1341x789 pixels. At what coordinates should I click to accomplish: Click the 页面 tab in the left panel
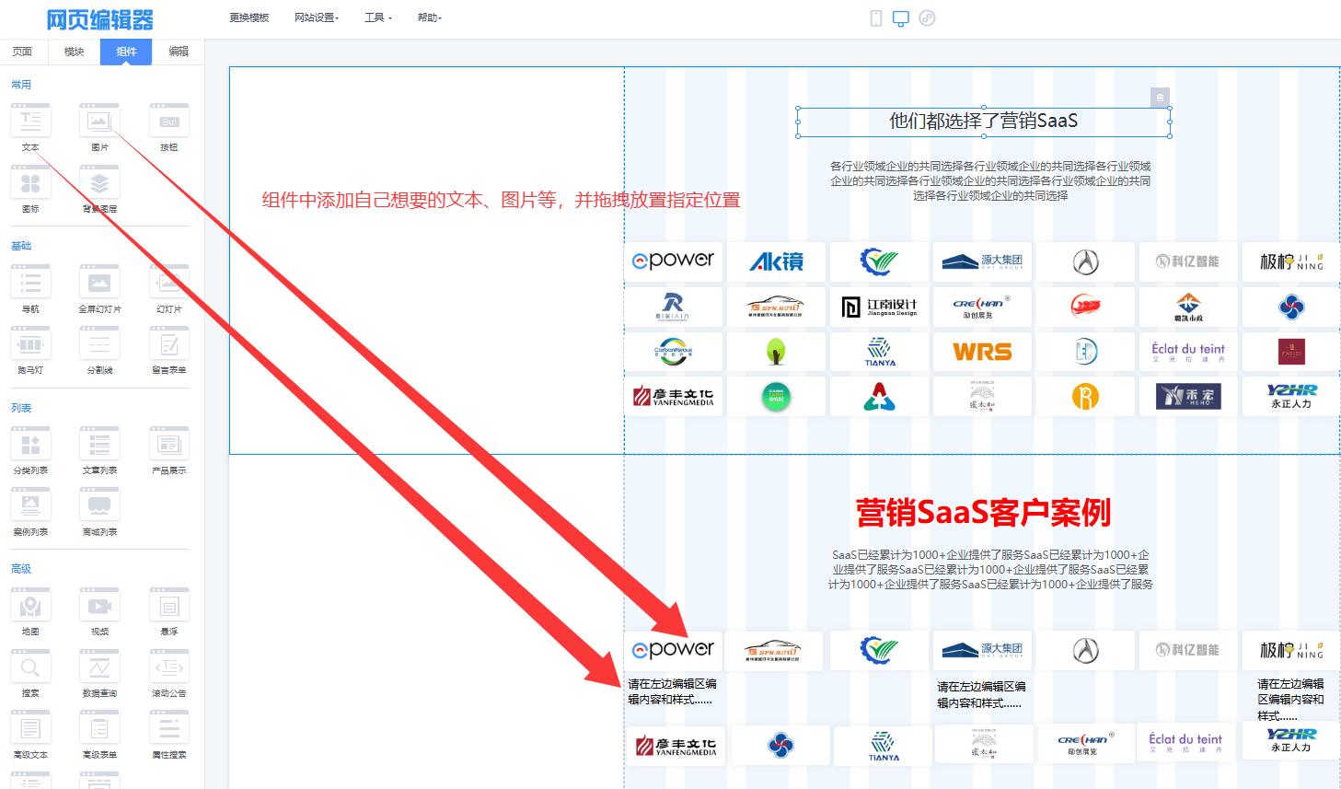(x=22, y=52)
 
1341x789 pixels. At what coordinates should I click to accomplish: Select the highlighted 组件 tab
(x=126, y=52)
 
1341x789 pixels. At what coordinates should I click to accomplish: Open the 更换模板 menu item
(x=249, y=17)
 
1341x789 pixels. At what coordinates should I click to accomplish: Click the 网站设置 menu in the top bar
(x=316, y=17)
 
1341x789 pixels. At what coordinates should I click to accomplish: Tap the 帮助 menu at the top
(x=429, y=17)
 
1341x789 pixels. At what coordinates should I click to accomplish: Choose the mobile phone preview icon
(x=876, y=18)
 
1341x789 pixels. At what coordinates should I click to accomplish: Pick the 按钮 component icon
(x=169, y=122)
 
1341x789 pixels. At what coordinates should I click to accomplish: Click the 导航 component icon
(x=30, y=284)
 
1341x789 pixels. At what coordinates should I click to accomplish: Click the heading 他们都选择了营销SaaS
(x=983, y=121)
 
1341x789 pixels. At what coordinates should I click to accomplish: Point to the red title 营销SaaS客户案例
(x=983, y=512)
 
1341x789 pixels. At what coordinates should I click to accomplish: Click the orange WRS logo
(x=982, y=352)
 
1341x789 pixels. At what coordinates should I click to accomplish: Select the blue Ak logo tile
(x=776, y=261)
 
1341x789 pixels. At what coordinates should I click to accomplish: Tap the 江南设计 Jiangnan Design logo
(x=879, y=307)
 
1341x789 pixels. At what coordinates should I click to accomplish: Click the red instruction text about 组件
(x=501, y=200)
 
